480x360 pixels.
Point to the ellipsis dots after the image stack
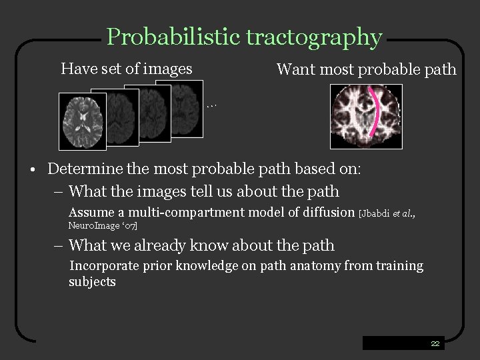click(212, 105)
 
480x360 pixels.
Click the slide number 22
click(435, 343)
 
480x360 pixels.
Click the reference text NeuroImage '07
click(103, 227)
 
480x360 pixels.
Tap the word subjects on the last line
click(92, 281)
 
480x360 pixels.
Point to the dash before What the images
click(59, 192)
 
